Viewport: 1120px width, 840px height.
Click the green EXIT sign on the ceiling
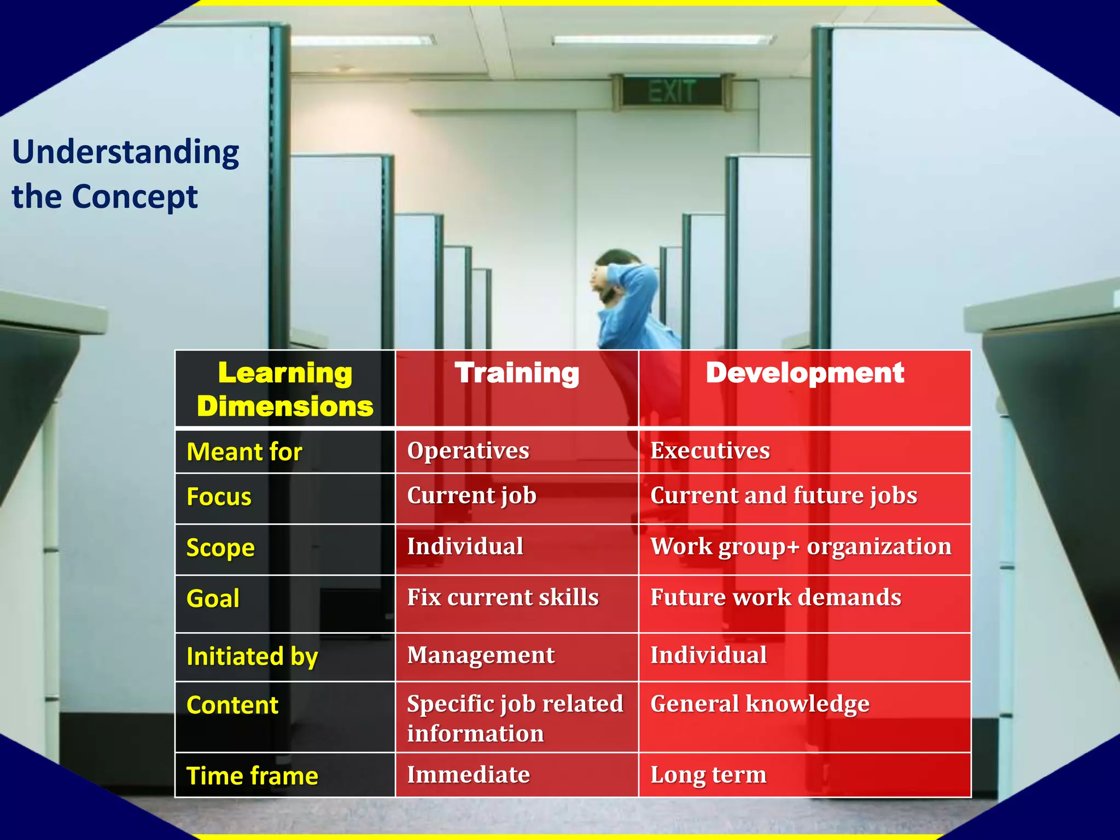click(672, 91)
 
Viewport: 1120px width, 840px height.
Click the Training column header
click(517, 374)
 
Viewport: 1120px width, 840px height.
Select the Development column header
click(804, 374)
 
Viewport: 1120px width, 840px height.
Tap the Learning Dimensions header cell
click(285, 389)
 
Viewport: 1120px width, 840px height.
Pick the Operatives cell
click(468, 451)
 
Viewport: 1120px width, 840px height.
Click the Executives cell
click(710, 451)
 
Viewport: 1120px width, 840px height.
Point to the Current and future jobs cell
click(783, 496)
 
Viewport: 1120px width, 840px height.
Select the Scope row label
click(220, 548)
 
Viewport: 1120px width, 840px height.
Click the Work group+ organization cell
click(801, 547)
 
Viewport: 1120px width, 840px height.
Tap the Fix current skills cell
click(503, 598)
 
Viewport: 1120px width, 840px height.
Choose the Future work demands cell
click(775, 598)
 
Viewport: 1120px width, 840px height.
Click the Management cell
click(481, 656)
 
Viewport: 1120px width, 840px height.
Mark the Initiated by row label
click(252, 657)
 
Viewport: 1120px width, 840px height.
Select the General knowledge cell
click(760, 704)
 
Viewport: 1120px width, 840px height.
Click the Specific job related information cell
click(515, 718)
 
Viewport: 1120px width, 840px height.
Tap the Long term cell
click(708, 775)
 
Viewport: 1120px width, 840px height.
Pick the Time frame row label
click(252, 776)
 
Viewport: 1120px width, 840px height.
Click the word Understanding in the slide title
click(126, 153)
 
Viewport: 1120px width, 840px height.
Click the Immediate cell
click(468, 775)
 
